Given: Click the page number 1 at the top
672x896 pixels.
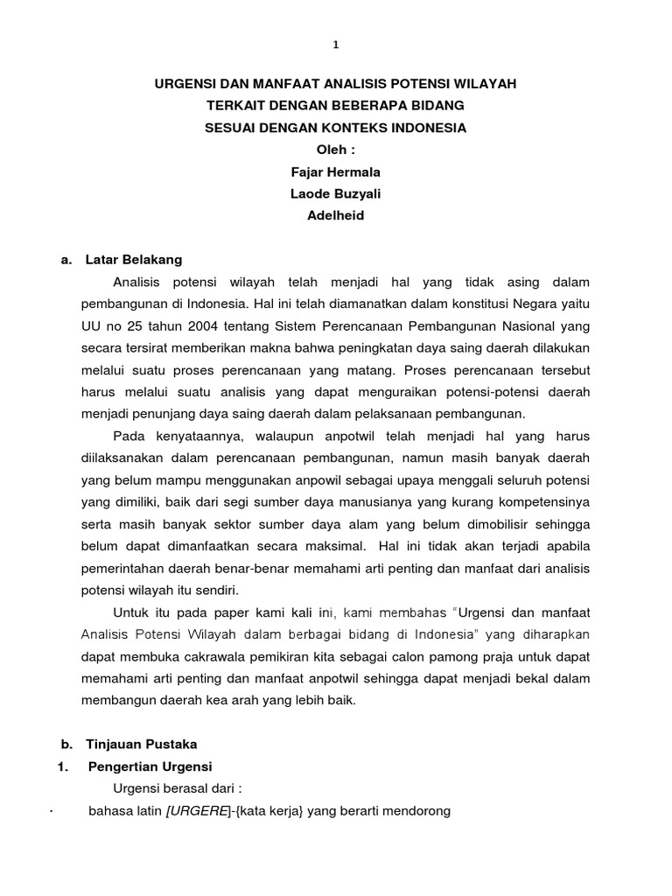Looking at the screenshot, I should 335,45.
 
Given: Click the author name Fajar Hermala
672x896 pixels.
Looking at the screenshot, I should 336,172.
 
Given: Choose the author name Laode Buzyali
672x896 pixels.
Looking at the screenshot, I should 336,194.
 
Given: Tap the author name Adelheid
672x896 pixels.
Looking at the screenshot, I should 336,216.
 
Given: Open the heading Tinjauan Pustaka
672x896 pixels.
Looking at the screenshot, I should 142,745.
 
